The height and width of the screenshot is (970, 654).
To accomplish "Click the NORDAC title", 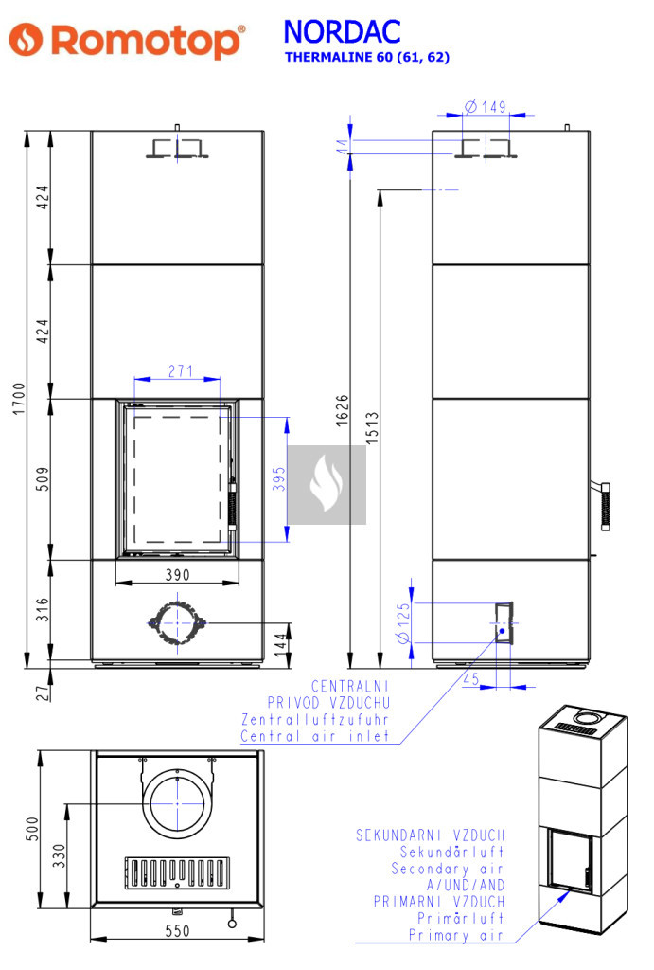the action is point(342,32).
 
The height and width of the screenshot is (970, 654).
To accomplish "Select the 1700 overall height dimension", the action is point(19,399).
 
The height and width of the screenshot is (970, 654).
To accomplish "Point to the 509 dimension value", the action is point(42,478).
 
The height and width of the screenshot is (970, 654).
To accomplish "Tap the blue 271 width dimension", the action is point(181,370).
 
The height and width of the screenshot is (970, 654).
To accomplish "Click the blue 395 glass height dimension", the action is point(279,478).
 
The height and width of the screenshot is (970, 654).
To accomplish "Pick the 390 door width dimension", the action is point(177,575).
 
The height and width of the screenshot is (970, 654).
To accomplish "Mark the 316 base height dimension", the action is point(42,609).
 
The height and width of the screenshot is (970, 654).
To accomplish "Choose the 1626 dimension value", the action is point(342,410).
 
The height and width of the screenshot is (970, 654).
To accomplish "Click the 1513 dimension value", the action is point(372,428).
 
